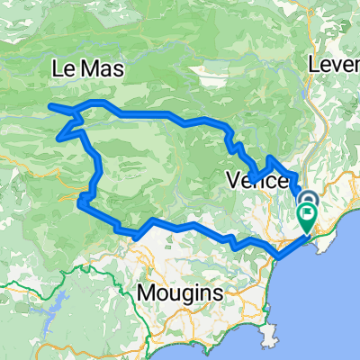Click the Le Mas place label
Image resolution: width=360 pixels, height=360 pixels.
[x=89, y=69]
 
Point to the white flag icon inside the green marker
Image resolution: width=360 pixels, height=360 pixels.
[x=308, y=215]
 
